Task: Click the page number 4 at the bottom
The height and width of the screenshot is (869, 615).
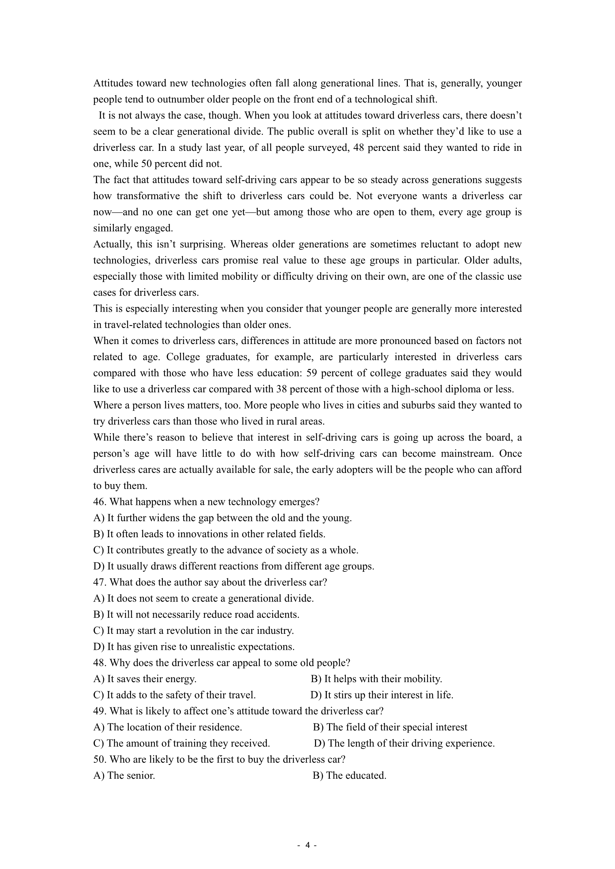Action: (x=307, y=845)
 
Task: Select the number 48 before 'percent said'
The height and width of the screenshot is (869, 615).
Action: (x=358, y=147)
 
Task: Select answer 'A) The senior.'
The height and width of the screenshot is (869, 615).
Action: (x=124, y=775)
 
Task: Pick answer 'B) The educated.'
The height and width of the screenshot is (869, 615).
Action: (x=349, y=775)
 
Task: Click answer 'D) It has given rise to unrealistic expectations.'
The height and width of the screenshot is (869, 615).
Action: (x=194, y=646)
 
